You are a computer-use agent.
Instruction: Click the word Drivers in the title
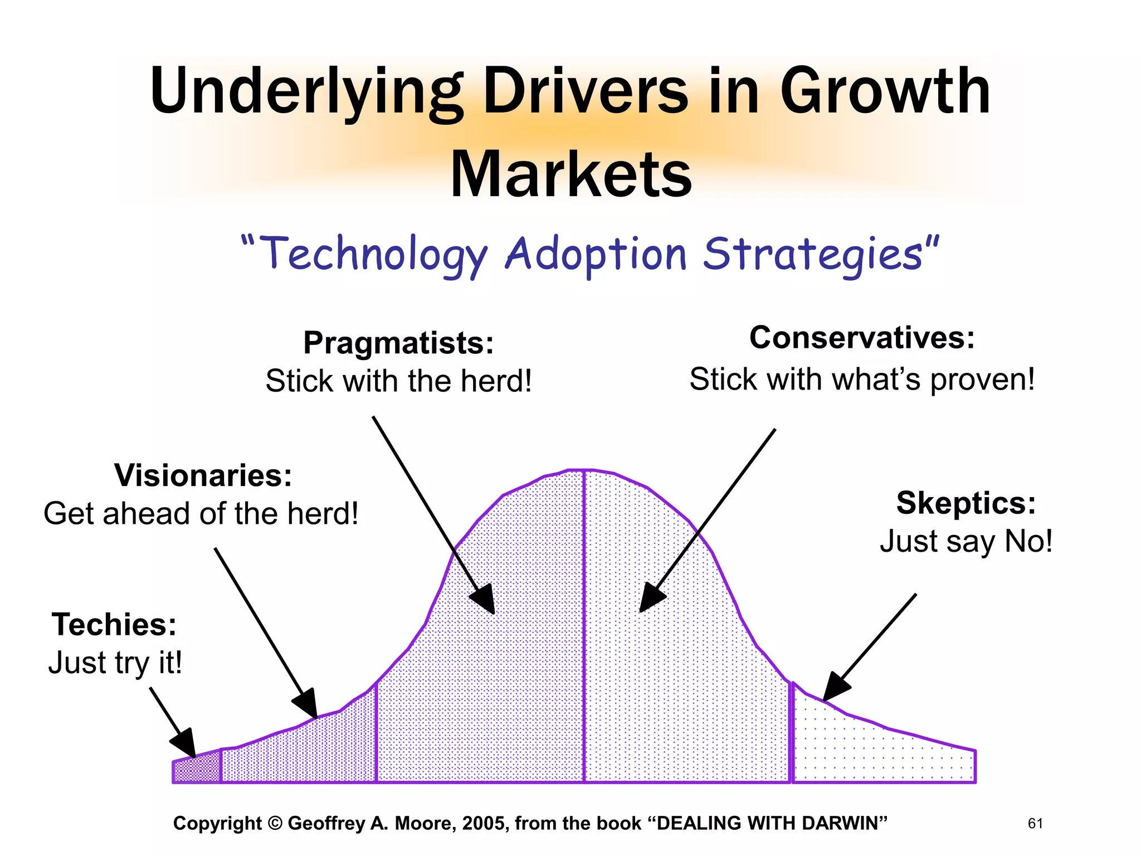click(x=586, y=91)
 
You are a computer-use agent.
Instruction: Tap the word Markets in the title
click(x=571, y=174)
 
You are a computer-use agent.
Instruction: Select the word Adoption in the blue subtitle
click(x=595, y=254)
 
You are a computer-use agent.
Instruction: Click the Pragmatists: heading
click(x=398, y=342)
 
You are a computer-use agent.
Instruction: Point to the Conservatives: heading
click(x=862, y=338)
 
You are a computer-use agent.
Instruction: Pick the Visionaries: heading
click(x=203, y=475)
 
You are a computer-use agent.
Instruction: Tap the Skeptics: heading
click(x=966, y=503)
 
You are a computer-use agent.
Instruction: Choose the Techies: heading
click(x=114, y=624)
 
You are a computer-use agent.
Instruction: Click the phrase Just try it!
click(x=115, y=663)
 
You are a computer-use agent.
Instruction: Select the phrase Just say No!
click(x=966, y=541)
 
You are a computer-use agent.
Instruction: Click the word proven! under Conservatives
click(x=982, y=380)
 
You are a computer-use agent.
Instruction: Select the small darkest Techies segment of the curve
click(x=197, y=770)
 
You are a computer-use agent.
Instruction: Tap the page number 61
click(x=1035, y=824)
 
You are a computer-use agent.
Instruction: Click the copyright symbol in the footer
click(x=275, y=824)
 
